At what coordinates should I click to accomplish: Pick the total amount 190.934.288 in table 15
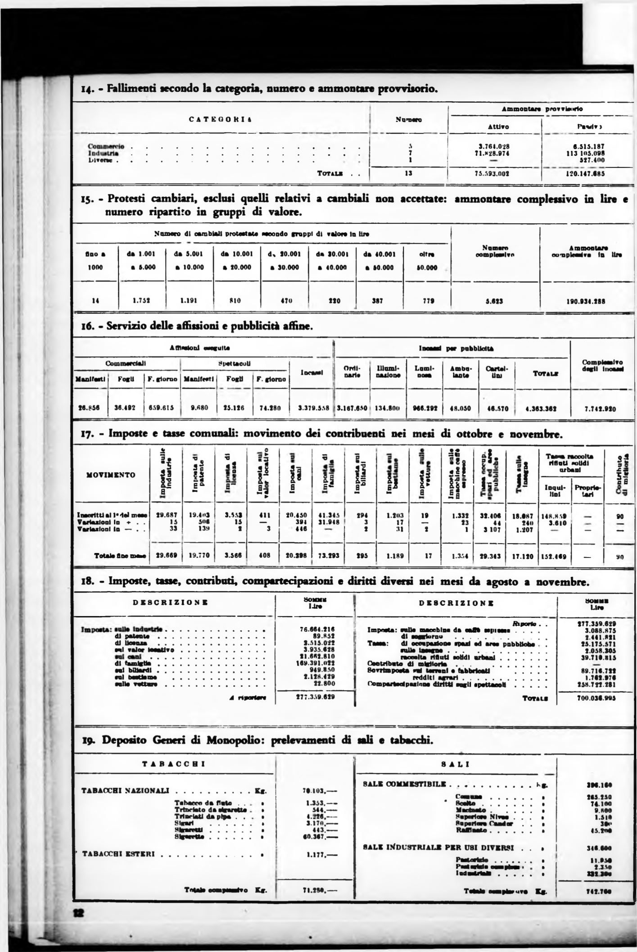pyautogui.click(x=585, y=302)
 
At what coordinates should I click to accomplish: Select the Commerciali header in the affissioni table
pyautogui.click(x=127, y=363)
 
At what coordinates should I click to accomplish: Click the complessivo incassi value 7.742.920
pyautogui.click(x=600, y=409)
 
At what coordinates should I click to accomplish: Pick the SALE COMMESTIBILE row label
pyautogui.click(x=404, y=784)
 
